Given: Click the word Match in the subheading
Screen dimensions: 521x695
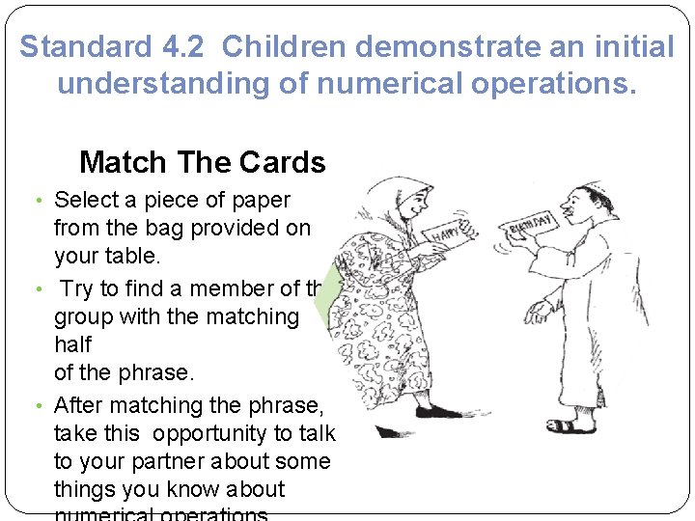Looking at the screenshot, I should pyautogui.click(x=119, y=162).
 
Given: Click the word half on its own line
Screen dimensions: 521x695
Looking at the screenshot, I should pyautogui.click(x=72, y=344).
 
